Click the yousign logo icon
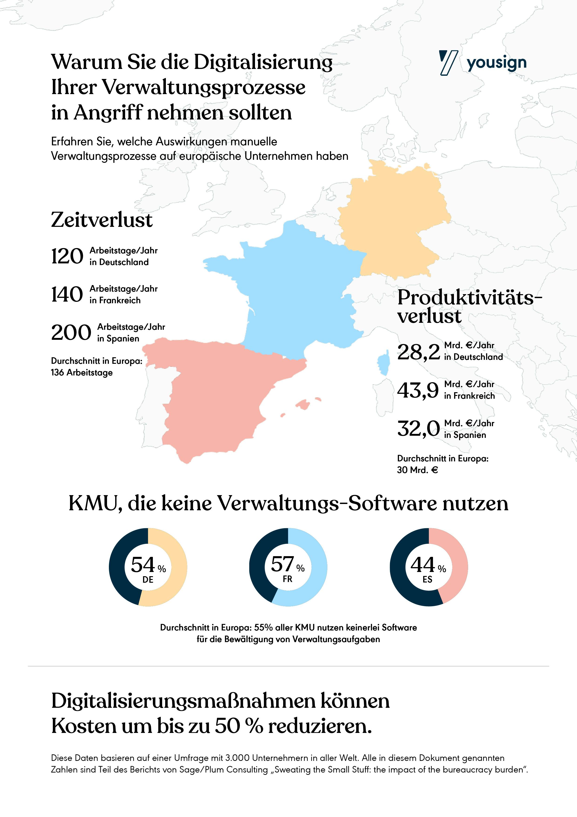[x=448, y=63]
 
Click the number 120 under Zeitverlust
[x=67, y=256]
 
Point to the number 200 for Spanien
[x=71, y=333]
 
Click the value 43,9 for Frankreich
[x=418, y=390]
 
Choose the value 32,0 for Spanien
[x=418, y=429]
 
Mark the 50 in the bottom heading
[x=227, y=726]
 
